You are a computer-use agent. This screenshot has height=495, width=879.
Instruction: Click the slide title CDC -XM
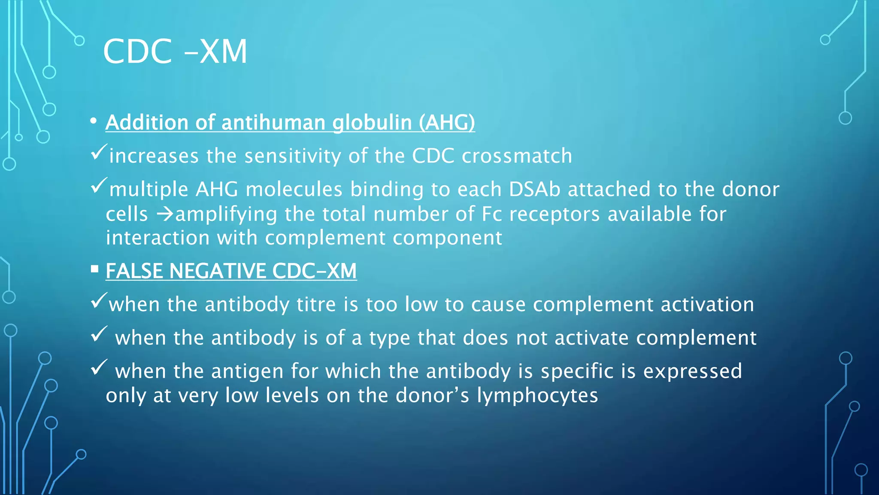click(175, 52)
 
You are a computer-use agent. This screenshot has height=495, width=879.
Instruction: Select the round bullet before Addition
click(94, 122)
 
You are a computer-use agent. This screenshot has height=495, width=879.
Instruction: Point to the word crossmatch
click(517, 156)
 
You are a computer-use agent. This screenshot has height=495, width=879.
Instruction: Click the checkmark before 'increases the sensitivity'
click(99, 152)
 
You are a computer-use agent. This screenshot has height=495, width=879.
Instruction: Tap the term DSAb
click(534, 189)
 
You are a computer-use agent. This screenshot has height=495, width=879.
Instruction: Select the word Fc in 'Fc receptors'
click(492, 214)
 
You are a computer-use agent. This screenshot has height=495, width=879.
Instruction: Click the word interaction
click(158, 238)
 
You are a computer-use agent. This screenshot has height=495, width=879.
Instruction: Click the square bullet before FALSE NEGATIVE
click(95, 269)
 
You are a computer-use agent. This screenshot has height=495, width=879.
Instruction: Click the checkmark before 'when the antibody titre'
click(98, 301)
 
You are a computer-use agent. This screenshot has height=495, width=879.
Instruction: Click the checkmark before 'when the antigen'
click(99, 367)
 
